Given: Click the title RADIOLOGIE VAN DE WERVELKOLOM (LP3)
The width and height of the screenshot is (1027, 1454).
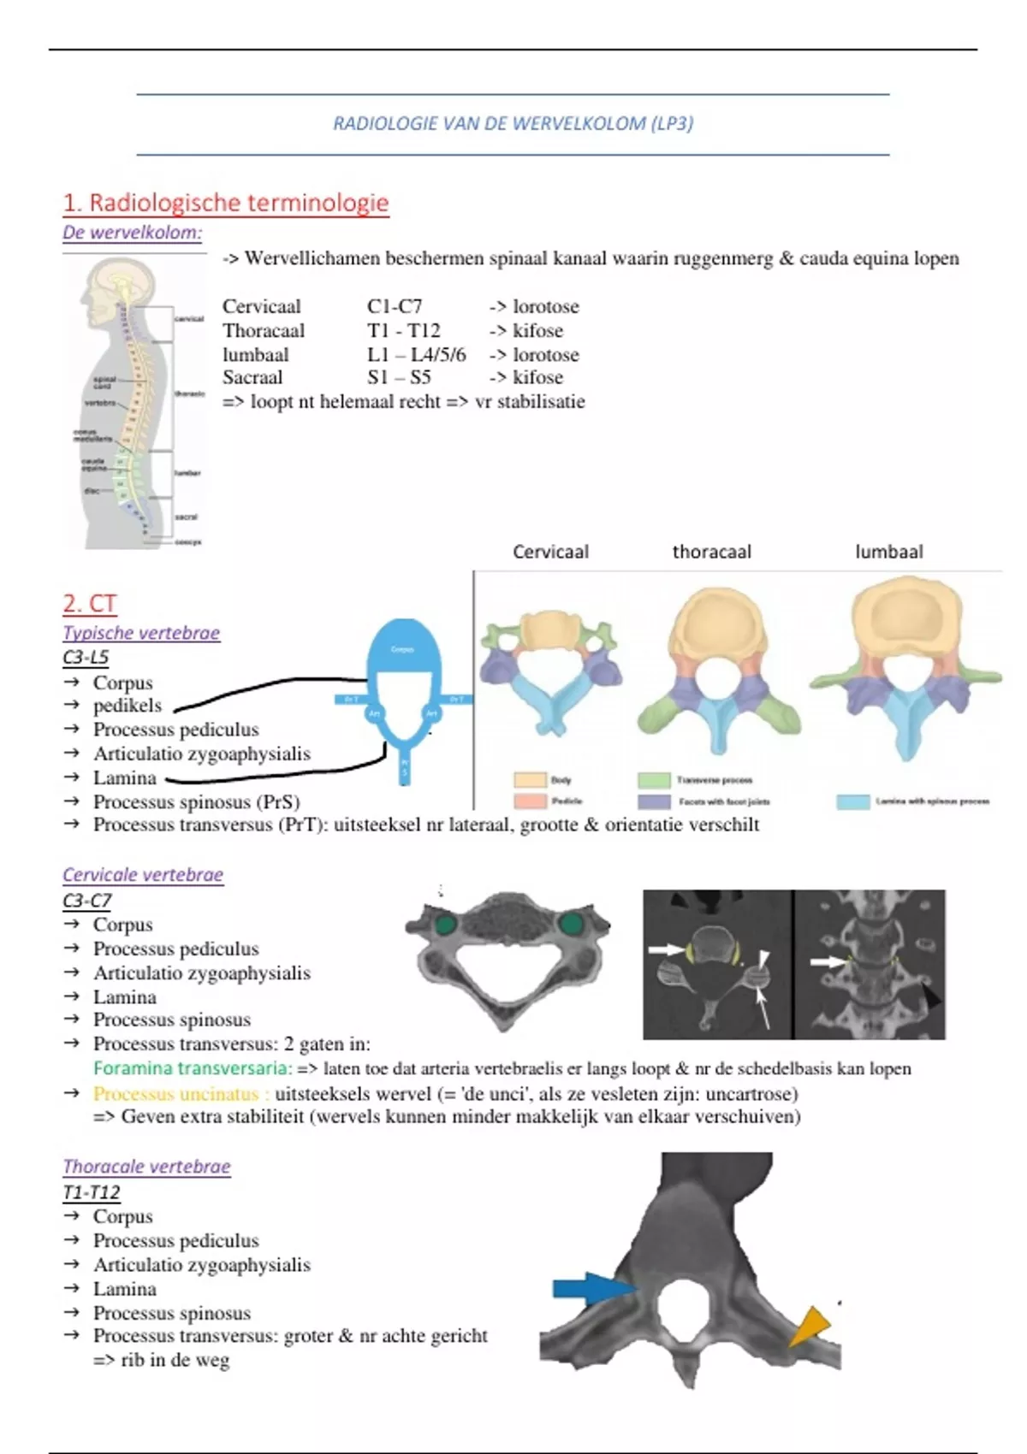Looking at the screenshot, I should point(513,123).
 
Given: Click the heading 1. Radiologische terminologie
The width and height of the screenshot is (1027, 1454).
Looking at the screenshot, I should point(226,203).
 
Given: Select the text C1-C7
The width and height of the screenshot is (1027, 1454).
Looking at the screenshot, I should point(395,306).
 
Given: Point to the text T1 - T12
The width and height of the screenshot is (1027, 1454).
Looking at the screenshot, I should point(403,330).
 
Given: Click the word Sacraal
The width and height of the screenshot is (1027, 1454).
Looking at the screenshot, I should point(252,377).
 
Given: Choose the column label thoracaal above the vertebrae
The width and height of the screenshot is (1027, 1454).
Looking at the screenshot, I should point(711,552).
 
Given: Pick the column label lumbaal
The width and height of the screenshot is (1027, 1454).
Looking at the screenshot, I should point(888,552).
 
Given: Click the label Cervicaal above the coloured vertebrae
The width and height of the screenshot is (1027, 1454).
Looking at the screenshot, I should point(550,552).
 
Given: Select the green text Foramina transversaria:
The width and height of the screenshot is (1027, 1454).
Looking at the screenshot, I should point(193,1068).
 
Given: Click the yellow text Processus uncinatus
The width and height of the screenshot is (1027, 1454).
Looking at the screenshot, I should point(175,1094).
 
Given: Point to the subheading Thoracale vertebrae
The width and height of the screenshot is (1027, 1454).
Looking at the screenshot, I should point(146,1167).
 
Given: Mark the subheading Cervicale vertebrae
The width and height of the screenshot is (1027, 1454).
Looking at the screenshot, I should point(143,875).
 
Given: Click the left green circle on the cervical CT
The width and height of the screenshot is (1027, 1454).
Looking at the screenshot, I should point(445,924).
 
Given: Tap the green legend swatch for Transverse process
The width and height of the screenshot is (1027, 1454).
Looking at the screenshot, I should point(654,780).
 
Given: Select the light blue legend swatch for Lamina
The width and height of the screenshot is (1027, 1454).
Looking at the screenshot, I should point(852,801).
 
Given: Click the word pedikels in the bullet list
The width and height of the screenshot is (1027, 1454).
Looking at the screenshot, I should point(128,706).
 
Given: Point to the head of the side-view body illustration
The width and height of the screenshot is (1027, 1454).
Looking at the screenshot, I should point(116,287).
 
